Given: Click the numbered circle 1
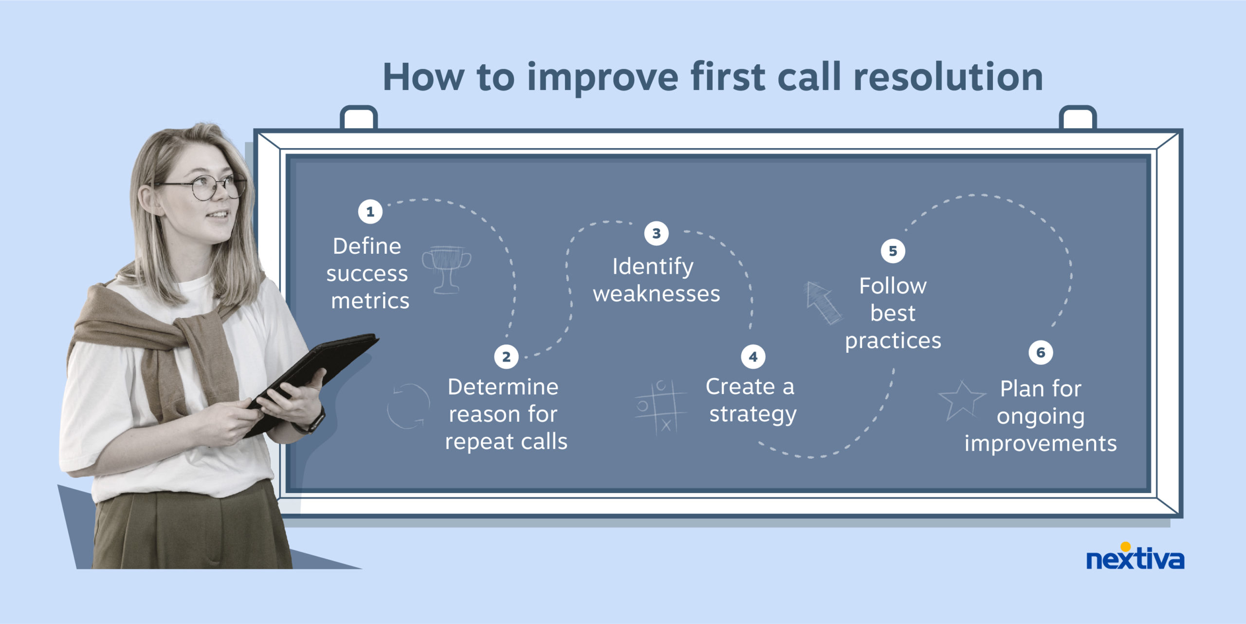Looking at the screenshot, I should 370,212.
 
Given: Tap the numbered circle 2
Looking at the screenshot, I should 506,357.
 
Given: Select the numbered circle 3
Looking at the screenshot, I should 656,234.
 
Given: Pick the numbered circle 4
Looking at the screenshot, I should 753,357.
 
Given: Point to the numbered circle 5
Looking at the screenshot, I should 893,251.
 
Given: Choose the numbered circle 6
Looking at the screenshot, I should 1041,353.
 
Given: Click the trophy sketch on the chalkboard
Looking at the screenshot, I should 446,269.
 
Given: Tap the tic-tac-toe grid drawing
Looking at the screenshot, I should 660,407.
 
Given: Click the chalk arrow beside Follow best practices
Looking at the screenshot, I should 823,302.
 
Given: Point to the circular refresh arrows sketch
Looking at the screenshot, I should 408,406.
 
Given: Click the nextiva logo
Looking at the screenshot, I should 1135,558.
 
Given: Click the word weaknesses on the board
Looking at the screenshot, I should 656,294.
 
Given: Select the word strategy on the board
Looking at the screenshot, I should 752,414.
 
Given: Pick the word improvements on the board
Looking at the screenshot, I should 1041,443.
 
